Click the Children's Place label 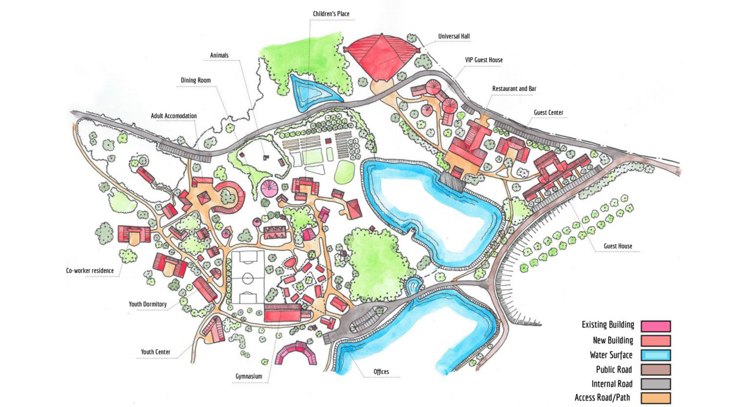coord(334,13)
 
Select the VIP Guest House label coord(483,60)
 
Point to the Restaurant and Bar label coord(514,89)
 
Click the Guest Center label coord(549,112)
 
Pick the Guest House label coord(617,246)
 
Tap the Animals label coord(219,56)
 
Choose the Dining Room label coord(196,80)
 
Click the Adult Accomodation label coord(173,116)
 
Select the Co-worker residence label coord(90,271)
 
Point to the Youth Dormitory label coord(148,304)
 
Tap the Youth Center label coord(156,352)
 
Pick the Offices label coord(381,372)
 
